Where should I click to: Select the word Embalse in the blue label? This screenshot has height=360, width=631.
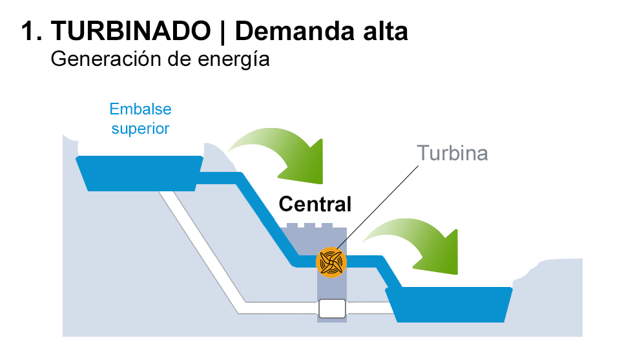tap(140, 109)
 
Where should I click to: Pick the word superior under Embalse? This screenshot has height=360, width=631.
tap(140, 128)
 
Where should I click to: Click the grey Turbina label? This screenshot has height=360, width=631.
tap(452, 153)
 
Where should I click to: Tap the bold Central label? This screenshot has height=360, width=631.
tap(315, 204)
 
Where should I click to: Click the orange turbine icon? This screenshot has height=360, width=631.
tap(331, 262)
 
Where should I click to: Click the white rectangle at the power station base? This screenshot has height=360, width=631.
tap(332, 308)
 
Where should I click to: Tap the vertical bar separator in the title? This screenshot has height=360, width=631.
tap(222, 31)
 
